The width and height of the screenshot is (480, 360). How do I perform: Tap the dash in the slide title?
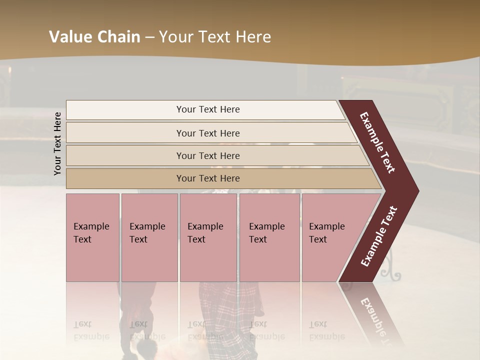[x=149, y=37]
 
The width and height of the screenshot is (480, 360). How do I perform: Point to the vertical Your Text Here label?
[x=57, y=144]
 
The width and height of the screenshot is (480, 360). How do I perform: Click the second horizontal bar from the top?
[x=207, y=133]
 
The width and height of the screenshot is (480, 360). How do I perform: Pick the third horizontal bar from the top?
[x=207, y=155]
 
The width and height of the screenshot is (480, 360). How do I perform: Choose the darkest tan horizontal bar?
[x=207, y=178]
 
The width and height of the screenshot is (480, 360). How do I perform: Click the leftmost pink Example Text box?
[x=92, y=237]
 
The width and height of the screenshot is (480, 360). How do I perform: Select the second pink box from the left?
[x=149, y=237]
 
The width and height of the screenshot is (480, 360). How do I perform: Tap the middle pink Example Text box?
[x=208, y=237]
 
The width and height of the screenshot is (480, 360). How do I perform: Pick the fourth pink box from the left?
[x=269, y=237]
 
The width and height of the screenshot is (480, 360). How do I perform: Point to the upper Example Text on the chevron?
[x=377, y=142]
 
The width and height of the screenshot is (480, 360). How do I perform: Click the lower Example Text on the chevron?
[x=379, y=236]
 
